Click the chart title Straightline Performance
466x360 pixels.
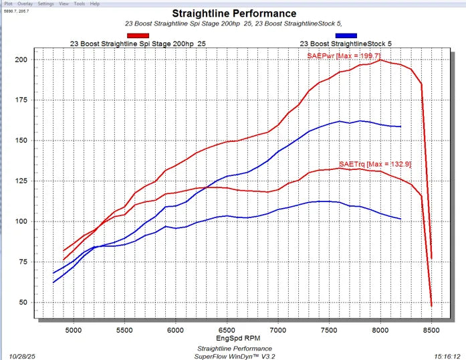tap(234, 13)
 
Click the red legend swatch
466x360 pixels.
tap(138, 35)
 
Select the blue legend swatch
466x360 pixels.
tap(346, 35)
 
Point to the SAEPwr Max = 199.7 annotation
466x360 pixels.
tap(344, 56)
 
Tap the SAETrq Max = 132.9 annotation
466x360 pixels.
tap(375, 164)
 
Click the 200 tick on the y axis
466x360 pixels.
tap(21, 60)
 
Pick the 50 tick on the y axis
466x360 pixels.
tap(23, 302)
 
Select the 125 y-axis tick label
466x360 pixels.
tap(21, 181)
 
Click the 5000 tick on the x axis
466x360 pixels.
tap(74, 331)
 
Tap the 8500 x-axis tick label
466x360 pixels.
tap(431, 331)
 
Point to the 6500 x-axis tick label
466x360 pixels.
tap(227, 331)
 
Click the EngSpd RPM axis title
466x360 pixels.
tap(238, 339)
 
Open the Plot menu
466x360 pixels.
tap(8, 4)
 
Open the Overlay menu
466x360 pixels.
tap(25, 4)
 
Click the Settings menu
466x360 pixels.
tap(45, 4)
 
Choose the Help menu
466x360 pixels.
tap(95, 4)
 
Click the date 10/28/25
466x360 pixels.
tap(22, 357)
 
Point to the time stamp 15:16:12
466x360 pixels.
tap(447, 357)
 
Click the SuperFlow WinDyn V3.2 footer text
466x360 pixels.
tap(235, 357)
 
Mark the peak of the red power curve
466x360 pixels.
tap(380, 60)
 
